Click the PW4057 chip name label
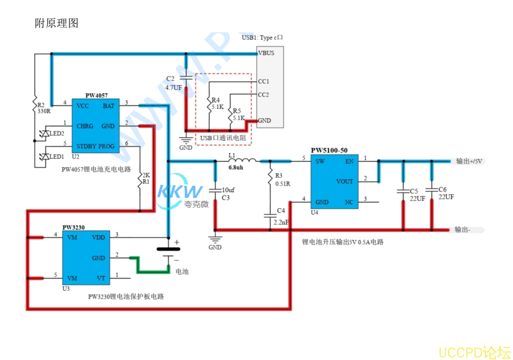tap(96, 95)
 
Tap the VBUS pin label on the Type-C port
tap(266, 53)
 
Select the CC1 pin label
tap(263, 82)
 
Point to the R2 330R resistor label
tap(43, 108)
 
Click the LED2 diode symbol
tap(45, 133)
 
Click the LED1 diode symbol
tap(45, 157)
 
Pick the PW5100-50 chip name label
tap(329, 150)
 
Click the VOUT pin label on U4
tap(344, 182)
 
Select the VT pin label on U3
tap(101, 278)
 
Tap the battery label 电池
tap(182, 271)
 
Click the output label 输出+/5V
tap(469, 161)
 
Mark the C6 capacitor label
tap(443, 189)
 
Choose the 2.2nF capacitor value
tap(282, 223)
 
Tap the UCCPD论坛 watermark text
tap(474, 352)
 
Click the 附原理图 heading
tap(57, 23)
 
